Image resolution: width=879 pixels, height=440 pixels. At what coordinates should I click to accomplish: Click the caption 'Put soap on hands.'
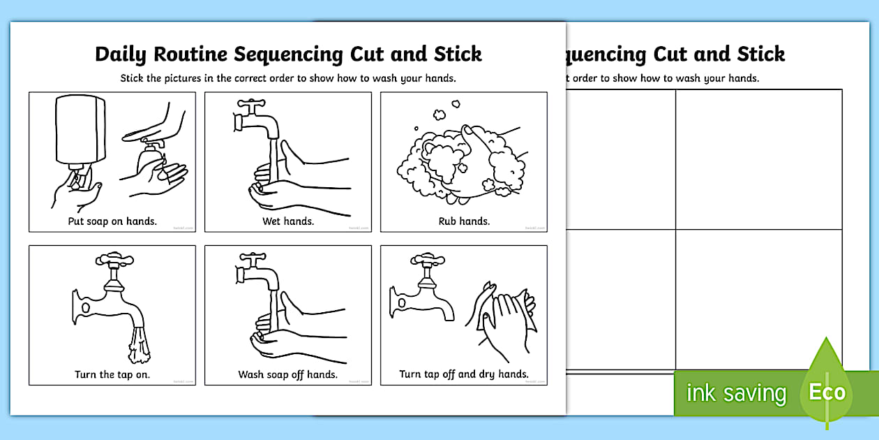(x=112, y=221)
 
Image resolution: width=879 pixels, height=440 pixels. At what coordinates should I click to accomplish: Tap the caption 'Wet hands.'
(x=288, y=221)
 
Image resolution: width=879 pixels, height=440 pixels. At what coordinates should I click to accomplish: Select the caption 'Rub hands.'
(x=464, y=221)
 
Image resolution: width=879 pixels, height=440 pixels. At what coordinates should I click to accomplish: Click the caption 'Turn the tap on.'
(x=112, y=374)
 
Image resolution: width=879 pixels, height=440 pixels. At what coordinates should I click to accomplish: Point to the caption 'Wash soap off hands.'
(x=288, y=374)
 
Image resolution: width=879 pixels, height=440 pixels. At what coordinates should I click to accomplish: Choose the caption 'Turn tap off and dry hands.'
(x=464, y=374)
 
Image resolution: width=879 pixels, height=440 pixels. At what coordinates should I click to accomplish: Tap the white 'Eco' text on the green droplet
(x=827, y=392)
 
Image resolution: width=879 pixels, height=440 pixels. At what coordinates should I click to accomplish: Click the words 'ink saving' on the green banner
(x=736, y=393)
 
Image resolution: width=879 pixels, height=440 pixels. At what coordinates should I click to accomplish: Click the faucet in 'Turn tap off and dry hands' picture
(x=422, y=293)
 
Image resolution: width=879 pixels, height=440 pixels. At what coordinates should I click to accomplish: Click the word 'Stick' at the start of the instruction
(x=133, y=78)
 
